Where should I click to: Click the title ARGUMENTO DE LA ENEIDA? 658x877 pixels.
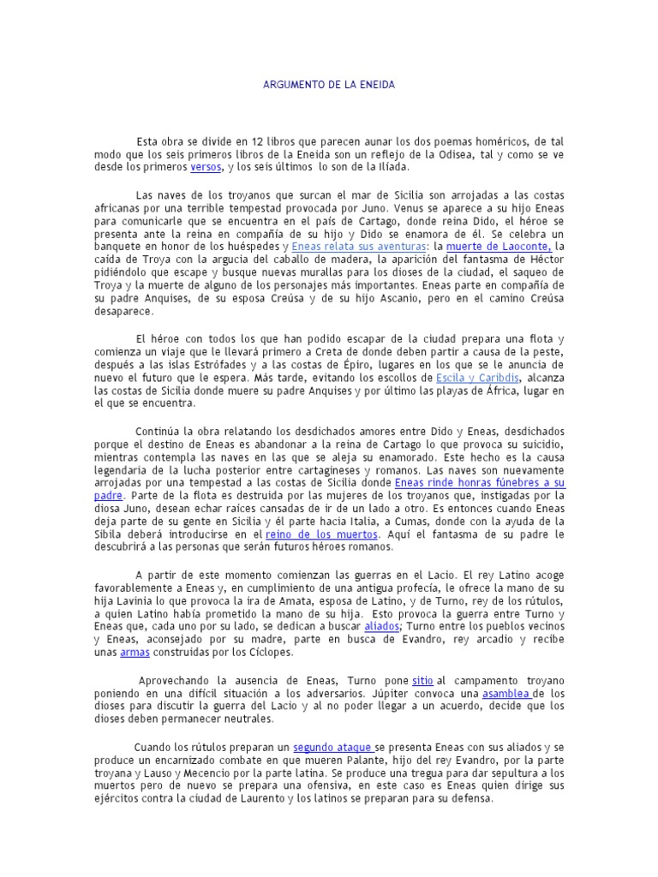tap(329, 87)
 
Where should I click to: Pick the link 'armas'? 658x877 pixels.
tap(135, 653)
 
